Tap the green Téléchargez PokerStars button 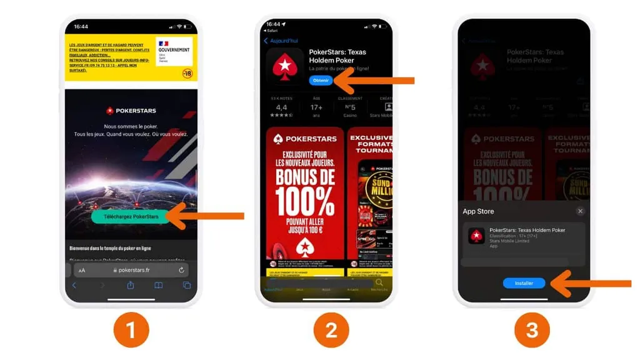click(x=131, y=216)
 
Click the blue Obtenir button click(x=321, y=81)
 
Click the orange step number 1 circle click(x=131, y=329)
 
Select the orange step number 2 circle click(x=331, y=329)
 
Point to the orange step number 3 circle click(x=531, y=329)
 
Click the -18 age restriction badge click(x=187, y=73)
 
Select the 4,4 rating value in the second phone click(x=281, y=107)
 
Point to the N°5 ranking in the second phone click(x=351, y=107)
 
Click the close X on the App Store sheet click(x=580, y=211)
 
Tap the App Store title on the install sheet click(x=478, y=211)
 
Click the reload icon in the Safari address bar click(x=181, y=270)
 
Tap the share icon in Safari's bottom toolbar click(x=131, y=286)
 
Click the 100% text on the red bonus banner click(x=305, y=201)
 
